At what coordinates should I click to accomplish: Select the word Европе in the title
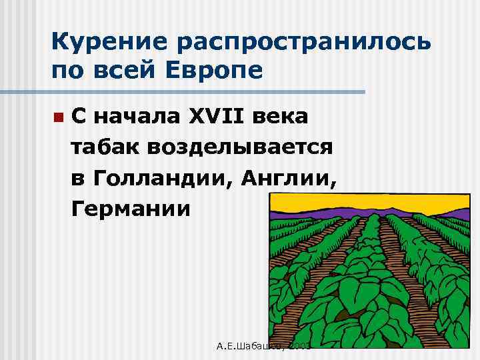[x=217, y=69]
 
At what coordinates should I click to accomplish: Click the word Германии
[x=132, y=209]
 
